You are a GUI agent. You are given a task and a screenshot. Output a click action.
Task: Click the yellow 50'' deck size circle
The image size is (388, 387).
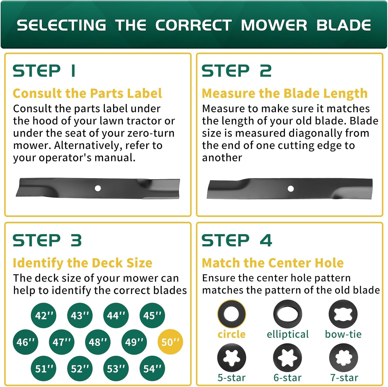pyautogui.click(x=170, y=342)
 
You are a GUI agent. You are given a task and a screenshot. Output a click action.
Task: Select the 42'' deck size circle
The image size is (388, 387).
pyautogui.click(x=43, y=315)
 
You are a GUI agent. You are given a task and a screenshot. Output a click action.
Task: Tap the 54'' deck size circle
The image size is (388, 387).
pyautogui.click(x=152, y=368)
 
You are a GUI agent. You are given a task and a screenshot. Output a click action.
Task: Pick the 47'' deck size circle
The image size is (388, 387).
pyautogui.click(x=62, y=342)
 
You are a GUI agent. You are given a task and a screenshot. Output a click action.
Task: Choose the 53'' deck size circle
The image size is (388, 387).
pyautogui.click(x=116, y=368)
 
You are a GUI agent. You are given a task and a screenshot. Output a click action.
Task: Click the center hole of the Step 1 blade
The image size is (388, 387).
pyautogui.click(x=98, y=188)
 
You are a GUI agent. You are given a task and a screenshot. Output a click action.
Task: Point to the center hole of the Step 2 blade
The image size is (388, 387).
pyautogui.click(x=290, y=188)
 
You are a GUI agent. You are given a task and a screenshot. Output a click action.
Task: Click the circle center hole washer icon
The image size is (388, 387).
pyautogui.click(x=232, y=314)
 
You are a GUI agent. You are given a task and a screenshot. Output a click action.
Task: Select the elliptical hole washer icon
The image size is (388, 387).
pyautogui.click(x=288, y=314)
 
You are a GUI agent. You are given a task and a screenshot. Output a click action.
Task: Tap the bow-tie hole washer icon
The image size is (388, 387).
pyautogui.click(x=343, y=314)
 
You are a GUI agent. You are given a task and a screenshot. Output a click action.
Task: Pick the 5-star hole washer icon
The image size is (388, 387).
pyautogui.click(x=232, y=358)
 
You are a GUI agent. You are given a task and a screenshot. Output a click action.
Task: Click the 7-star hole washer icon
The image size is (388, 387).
pyautogui.click(x=344, y=358)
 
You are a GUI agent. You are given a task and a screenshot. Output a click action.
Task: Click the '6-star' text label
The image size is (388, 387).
pyautogui.click(x=288, y=378)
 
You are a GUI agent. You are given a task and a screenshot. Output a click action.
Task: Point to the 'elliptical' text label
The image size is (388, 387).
pyautogui.click(x=288, y=334)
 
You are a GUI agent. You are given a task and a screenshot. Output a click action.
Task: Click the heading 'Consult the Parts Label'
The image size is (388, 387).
pyautogui.click(x=87, y=93)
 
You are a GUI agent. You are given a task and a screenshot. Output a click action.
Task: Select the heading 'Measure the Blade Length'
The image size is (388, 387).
pyautogui.click(x=285, y=93)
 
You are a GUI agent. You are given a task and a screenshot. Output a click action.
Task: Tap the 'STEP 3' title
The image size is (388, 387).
pyautogui.click(x=47, y=240)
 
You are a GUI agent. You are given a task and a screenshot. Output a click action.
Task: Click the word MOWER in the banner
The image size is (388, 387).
pyautogui.click(x=274, y=25)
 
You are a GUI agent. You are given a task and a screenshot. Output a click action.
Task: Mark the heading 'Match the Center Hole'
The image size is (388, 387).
pyautogui.click(x=273, y=263)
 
